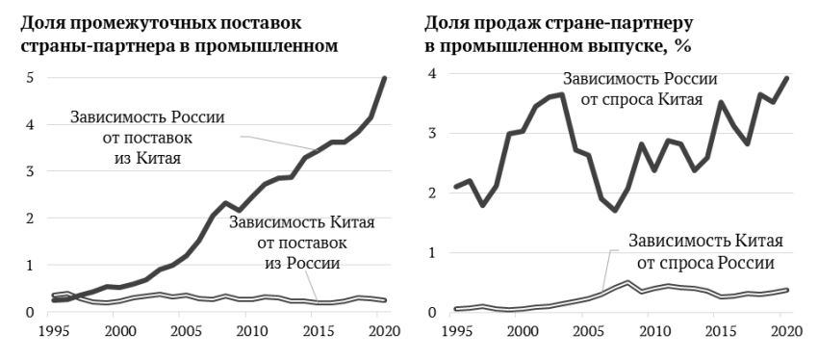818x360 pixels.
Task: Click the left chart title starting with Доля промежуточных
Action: click(184, 33)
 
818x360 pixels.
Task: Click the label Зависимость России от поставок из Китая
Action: click(147, 136)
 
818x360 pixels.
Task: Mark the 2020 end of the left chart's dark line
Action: click(385, 78)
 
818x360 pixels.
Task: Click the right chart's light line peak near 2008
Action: click(627, 282)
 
